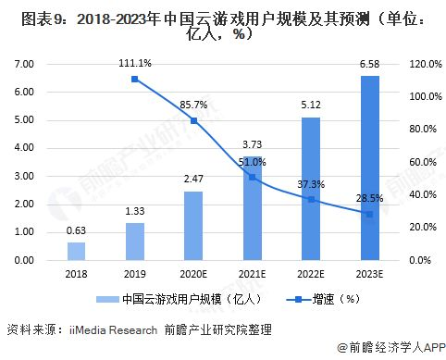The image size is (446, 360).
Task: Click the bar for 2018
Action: (76, 251)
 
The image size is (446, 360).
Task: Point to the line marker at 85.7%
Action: (193, 120)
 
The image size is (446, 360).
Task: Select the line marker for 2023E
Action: (368, 214)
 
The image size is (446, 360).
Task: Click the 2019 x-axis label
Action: (135, 276)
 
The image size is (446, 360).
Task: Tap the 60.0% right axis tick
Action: (410, 162)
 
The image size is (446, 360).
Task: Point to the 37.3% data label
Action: (310, 184)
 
